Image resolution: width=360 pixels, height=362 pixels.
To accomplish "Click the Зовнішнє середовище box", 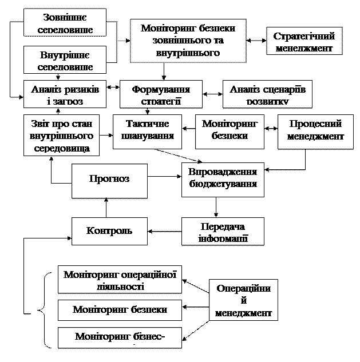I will point(65,23).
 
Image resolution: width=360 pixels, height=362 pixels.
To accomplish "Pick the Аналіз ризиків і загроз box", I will point(65,94).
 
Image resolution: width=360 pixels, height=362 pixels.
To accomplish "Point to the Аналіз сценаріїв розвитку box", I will point(267,94).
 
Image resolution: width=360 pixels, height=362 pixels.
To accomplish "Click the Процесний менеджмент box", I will point(315,131).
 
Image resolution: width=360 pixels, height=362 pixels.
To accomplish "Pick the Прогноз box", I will point(109,180).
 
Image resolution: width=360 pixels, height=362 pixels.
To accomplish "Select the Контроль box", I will point(109,230).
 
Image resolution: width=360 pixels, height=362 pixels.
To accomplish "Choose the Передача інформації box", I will point(223,230).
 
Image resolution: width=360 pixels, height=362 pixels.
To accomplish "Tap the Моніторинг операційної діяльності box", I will point(120,280).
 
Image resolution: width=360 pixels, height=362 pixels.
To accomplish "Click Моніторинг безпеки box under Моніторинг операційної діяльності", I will point(120,309).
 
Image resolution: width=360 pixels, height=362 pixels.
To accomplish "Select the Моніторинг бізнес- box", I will point(120,337).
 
